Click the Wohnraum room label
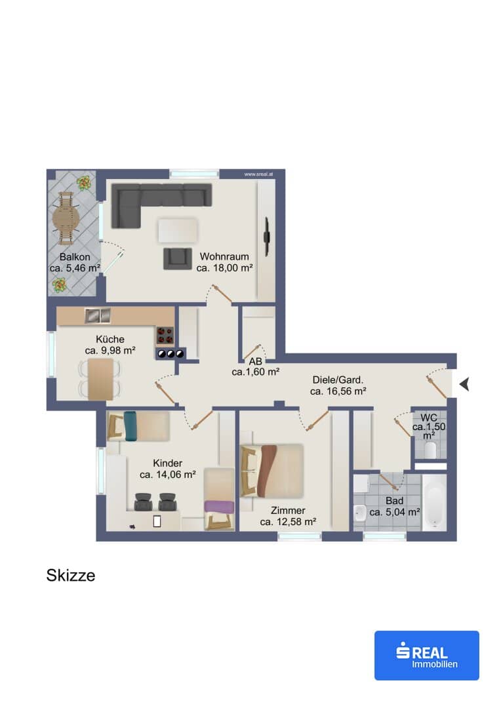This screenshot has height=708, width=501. click(224, 256)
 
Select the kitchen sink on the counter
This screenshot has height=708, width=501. click(98, 315)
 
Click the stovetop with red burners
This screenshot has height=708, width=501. click(165, 336)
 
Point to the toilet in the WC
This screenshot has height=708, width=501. click(431, 450)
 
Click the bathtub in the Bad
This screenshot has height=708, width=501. click(434, 502)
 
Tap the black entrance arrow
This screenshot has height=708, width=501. click(464, 384)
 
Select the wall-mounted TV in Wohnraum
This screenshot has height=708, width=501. click(268, 236)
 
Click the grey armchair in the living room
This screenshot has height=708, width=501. click(178, 259)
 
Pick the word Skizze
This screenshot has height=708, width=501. click(71, 576)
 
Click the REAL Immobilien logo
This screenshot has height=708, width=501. click(426, 655)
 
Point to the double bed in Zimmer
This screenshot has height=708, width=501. click(271, 471)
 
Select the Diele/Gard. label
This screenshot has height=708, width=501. click(338, 380)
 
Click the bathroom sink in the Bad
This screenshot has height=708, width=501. click(360, 513)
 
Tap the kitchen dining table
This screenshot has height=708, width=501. click(100, 379)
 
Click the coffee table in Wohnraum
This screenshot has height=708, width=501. click(178, 231)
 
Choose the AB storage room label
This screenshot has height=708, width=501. click(255, 361)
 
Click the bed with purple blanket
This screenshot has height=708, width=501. click(219, 500)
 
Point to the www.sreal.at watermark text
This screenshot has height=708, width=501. click(258, 174)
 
